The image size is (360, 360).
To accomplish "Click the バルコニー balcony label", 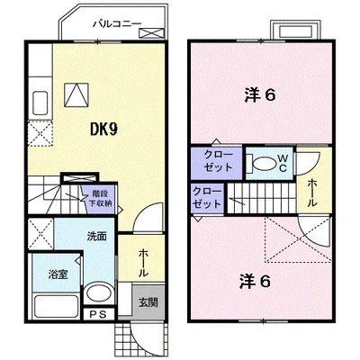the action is click(x=117, y=23).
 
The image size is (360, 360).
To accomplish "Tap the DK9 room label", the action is click(x=103, y=130).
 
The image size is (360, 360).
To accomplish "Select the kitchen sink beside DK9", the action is click(x=40, y=103).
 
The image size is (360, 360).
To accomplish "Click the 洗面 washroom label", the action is click(x=97, y=237).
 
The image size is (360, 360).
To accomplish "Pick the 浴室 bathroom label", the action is click(x=58, y=274).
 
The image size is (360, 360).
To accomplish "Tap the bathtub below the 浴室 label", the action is click(x=57, y=306).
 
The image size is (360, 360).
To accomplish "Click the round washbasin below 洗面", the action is click(x=98, y=292).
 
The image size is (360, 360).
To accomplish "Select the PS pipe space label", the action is click(x=99, y=314).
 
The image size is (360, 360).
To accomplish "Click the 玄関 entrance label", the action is click(x=148, y=302).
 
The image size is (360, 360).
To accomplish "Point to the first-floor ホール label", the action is click(x=143, y=264).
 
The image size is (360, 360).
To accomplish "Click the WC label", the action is click(x=283, y=164).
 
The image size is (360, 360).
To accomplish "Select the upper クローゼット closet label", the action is click(x=218, y=161).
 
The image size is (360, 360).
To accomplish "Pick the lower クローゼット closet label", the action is click(x=207, y=198).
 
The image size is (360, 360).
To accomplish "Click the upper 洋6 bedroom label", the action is click(x=260, y=95).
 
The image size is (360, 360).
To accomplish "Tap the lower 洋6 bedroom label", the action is click(x=255, y=282).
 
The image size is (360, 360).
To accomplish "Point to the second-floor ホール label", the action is click(x=313, y=193).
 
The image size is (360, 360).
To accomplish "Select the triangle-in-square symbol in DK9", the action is click(x=76, y=94).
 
